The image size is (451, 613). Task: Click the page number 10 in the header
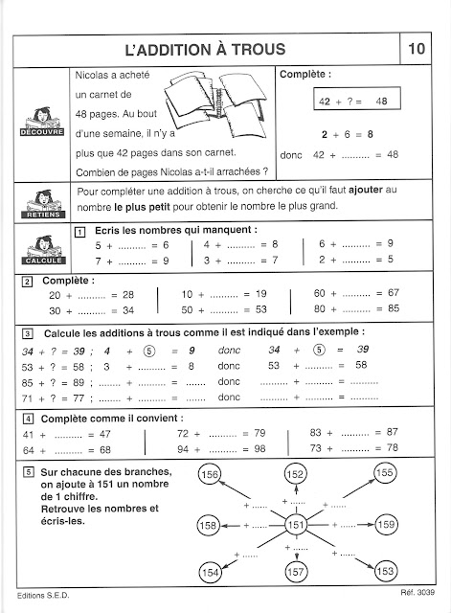tap(417, 49)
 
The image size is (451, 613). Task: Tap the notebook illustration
tap(216, 104)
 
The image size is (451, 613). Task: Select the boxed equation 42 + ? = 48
tap(357, 98)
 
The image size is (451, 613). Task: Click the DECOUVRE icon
tap(42, 122)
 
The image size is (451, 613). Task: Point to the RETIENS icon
tap(43, 204)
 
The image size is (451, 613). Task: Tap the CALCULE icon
tap(43, 250)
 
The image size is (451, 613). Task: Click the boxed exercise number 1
tap(79, 232)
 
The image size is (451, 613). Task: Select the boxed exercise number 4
tap(28, 420)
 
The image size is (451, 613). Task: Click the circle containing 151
tap(296, 525)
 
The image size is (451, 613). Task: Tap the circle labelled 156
tap(210, 475)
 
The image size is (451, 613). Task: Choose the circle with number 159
tap(386, 524)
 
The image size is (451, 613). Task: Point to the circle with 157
tap(296, 573)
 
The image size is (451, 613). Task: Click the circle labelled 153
tap(386, 571)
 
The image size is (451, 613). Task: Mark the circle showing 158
tap(209, 525)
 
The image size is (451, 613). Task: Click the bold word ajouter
tap(366, 190)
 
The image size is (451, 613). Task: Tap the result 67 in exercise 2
tap(394, 293)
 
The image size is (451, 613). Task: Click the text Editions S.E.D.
tap(43, 596)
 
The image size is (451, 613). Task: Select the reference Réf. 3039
tap(417, 592)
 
